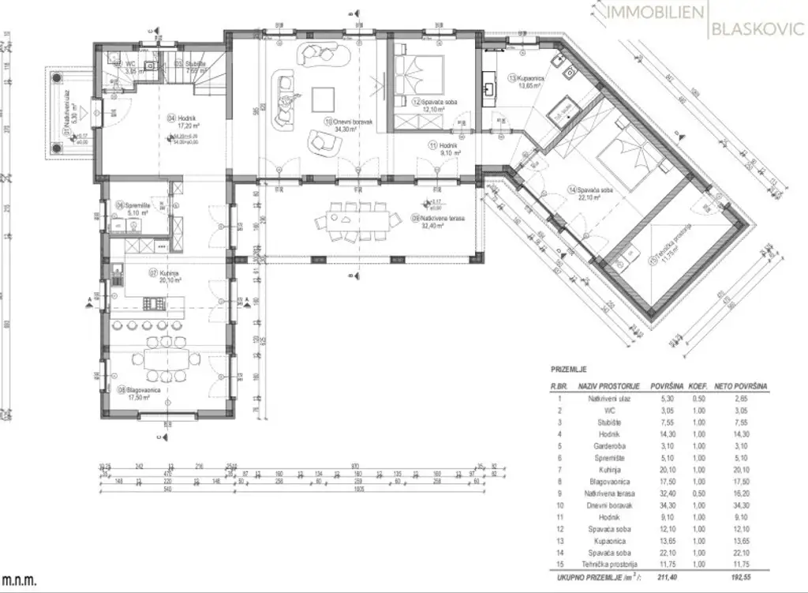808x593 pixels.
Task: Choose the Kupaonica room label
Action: [526, 78]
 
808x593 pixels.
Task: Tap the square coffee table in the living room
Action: [323, 99]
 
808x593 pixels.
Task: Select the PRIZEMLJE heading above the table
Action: [568, 369]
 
